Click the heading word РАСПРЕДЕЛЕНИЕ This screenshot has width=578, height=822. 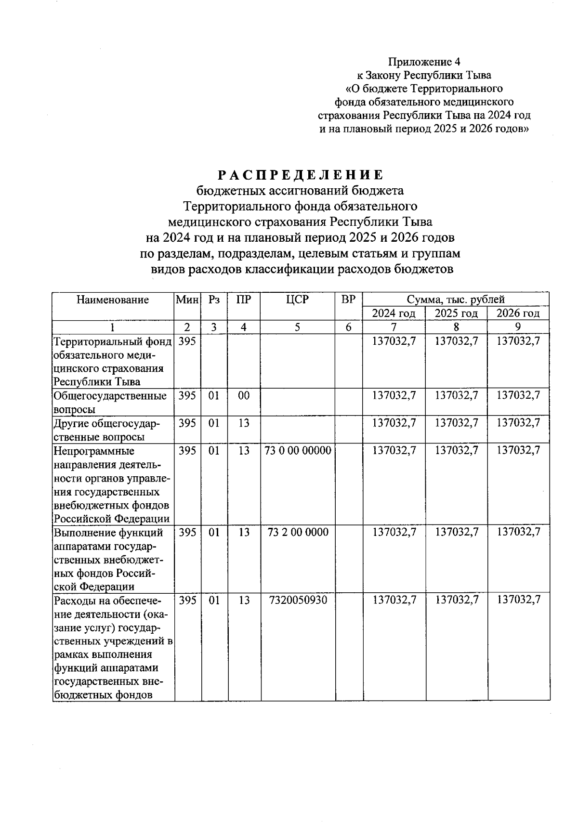point(300,174)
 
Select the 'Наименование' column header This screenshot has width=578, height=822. point(113,300)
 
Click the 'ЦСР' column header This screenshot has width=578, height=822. point(297,300)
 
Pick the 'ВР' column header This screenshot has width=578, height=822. point(348,300)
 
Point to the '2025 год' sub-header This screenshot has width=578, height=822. point(456,313)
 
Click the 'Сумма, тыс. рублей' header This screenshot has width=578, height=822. point(456,300)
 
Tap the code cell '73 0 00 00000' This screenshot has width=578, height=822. point(298,451)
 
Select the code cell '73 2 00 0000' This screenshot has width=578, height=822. point(298,532)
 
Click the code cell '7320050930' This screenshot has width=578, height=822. point(298,600)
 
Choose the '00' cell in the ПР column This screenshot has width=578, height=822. point(244,396)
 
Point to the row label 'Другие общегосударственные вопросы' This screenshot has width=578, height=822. point(106,430)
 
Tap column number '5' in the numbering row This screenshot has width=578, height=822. point(298,327)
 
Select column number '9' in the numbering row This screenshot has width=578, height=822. point(518,327)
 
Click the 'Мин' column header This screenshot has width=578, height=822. point(187,300)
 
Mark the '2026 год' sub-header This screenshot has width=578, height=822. point(518,313)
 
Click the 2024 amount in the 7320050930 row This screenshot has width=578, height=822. point(394,600)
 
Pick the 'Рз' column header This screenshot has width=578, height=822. point(214,300)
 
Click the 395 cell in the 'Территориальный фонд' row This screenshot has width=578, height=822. point(187,341)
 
